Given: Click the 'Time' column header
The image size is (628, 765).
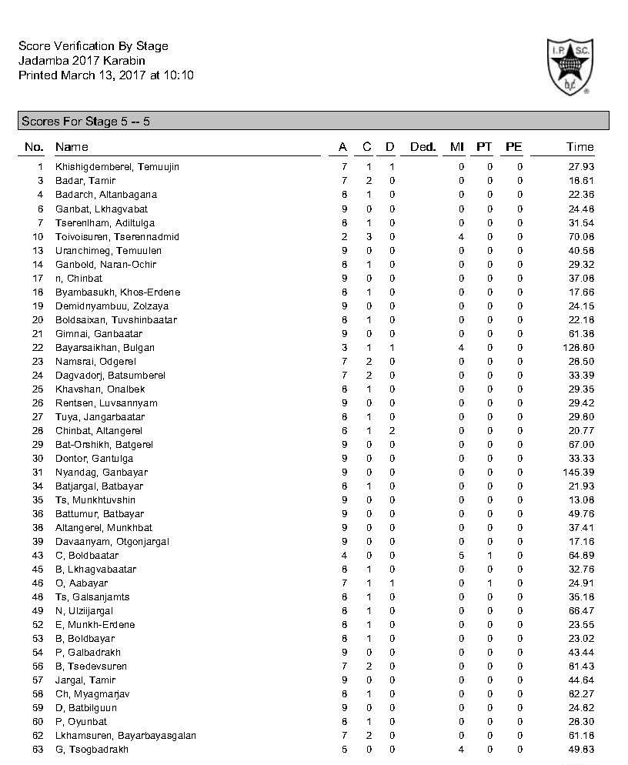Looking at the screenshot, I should point(580,147).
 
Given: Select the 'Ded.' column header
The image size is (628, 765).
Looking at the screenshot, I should point(423,147).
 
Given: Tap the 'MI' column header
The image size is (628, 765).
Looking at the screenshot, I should point(457,147).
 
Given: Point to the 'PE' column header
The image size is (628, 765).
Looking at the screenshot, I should point(513,147).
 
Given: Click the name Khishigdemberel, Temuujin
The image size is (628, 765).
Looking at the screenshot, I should point(117,167).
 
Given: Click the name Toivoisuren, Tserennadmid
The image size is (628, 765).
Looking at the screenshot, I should point(117,236).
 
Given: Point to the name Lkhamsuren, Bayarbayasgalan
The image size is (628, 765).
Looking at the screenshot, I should point(125,735).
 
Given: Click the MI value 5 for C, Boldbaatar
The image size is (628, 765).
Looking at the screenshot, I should point(461,555).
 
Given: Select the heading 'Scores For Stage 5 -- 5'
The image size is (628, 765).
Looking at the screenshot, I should point(85,122).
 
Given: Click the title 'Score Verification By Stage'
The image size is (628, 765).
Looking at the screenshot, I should point(93,46).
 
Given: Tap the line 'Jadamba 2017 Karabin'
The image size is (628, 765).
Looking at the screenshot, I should point(82,60).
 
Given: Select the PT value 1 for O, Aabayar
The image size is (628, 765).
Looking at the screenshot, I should point(489,583).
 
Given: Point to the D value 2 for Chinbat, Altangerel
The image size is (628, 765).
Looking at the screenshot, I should point(392,430).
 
